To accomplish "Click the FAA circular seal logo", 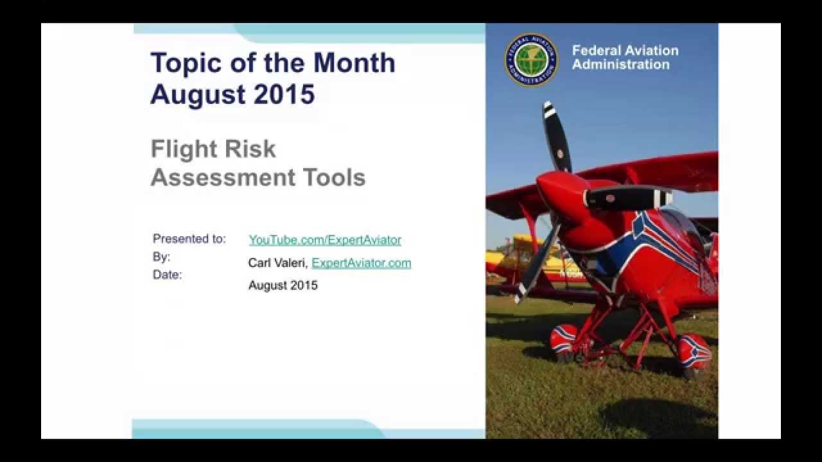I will coord(531,60).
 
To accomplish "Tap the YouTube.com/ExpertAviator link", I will coord(325,240).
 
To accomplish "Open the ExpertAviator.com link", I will coord(362,263).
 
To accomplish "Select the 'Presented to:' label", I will coord(189,239).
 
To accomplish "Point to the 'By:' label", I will coord(161,257).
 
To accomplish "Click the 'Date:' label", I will coord(168,275).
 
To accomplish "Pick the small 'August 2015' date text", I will coord(283,286).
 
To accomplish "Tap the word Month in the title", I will coord(354,63).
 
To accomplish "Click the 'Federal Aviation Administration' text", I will coord(625,57).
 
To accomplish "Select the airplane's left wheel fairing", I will coord(564,338).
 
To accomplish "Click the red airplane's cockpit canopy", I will coord(681,225).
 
